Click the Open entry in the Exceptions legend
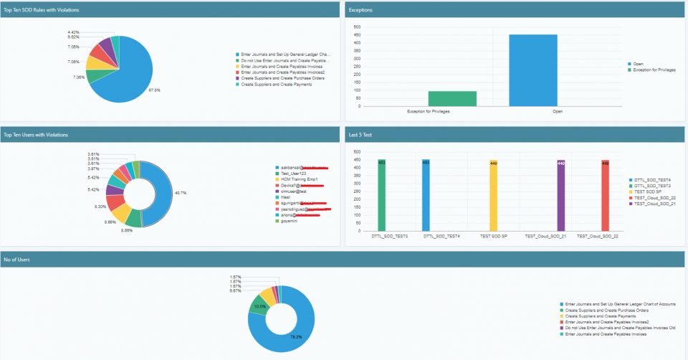click(638, 63)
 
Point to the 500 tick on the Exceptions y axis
click(358, 27)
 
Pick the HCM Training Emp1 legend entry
click(300, 179)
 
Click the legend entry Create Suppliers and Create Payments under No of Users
click(601, 316)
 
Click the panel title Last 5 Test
click(360, 134)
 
